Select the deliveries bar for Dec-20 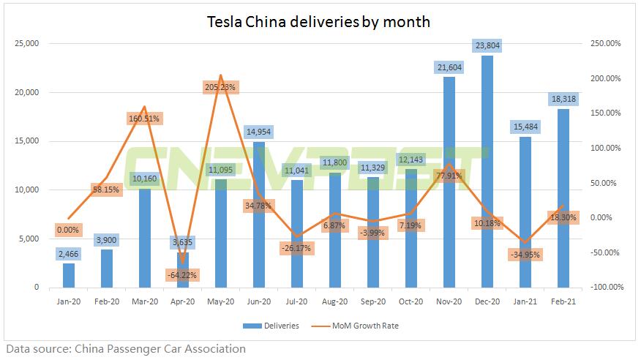(487, 176)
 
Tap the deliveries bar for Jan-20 (69, 275)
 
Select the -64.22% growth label (183, 275)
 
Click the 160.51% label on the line (145, 118)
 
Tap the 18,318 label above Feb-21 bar (563, 98)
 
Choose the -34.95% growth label (525, 255)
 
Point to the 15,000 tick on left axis (26, 141)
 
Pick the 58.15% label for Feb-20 (107, 190)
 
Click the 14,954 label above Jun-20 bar (260, 132)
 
